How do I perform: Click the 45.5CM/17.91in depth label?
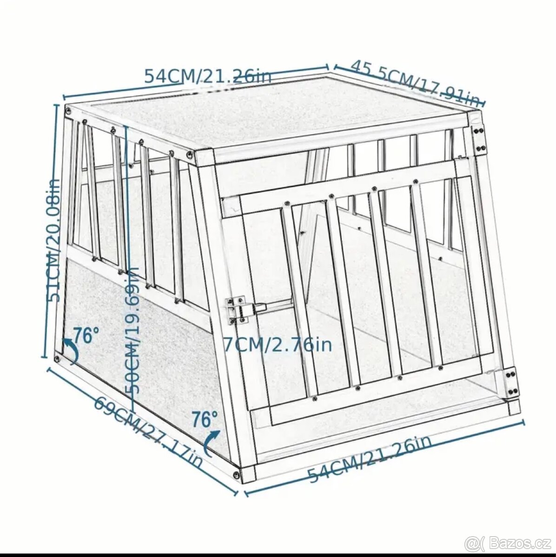click(x=415, y=82)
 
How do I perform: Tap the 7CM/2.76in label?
click(x=278, y=344)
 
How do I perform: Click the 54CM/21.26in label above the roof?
click(x=207, y=76)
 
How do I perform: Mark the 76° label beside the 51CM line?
click(x=86, y=335)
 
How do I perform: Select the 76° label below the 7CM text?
click(x=205, y=420)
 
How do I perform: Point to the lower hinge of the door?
click(x=510, y=381)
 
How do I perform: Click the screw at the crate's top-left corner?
click(x=69, y=110)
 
